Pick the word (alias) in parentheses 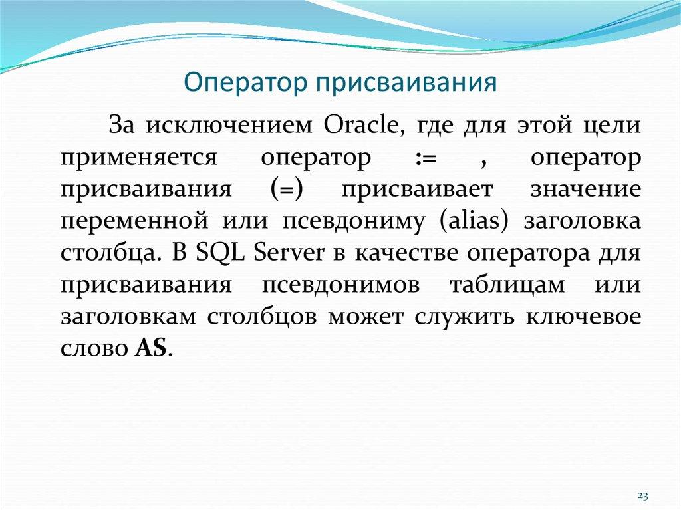pyautogui.click(x=474, y=221)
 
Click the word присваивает pyautogui.click(x=417, y=190)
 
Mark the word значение pyautogui.click(x=586, y=190)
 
